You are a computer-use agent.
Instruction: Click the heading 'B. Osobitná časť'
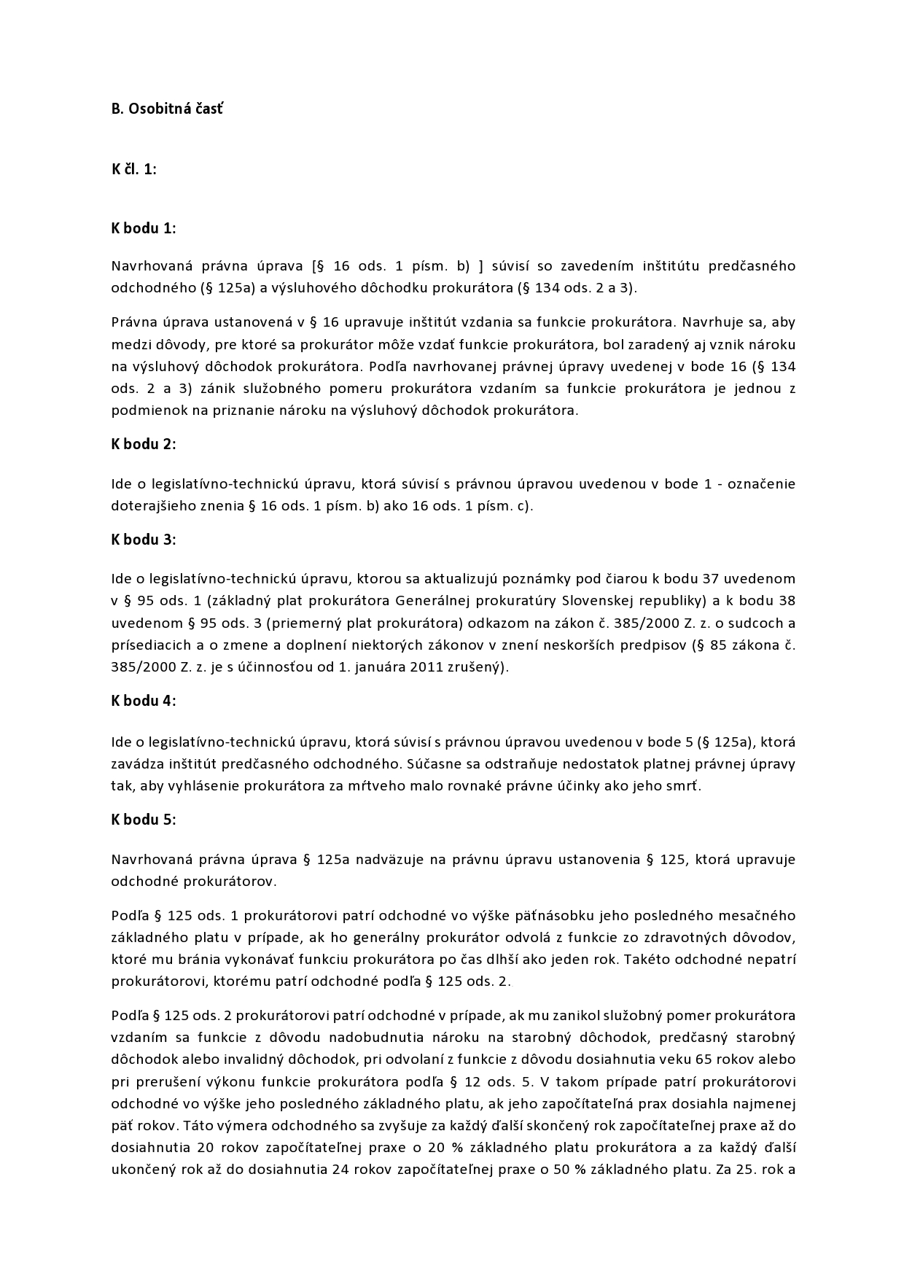point(167,109)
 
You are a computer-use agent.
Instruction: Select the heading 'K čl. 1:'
point(134,169)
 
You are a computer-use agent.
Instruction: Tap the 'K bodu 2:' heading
point(144,444)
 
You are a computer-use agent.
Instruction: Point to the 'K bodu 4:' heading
point(144,701)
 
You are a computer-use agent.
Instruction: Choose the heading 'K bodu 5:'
point(144,820)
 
